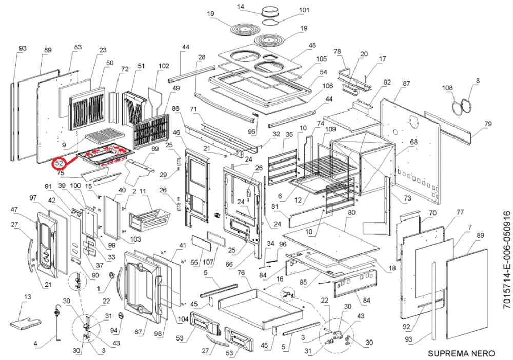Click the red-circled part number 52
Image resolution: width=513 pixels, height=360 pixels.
click(60, 164)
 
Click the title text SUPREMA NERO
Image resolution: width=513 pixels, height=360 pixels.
click(461, 353)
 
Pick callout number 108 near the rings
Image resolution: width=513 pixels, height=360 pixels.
click(448, 88)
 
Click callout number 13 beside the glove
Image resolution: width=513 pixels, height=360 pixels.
click(27, 297)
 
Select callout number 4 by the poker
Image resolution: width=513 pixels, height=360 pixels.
click(35, 343)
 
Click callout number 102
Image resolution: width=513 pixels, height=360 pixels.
click(164, 66)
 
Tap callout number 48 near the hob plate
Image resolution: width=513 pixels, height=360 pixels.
click(312, 46)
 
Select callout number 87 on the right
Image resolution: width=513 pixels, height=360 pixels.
click(407, 84)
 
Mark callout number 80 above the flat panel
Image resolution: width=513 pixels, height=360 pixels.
click(352, 212)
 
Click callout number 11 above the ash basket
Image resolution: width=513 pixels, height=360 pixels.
click(144, 191)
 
